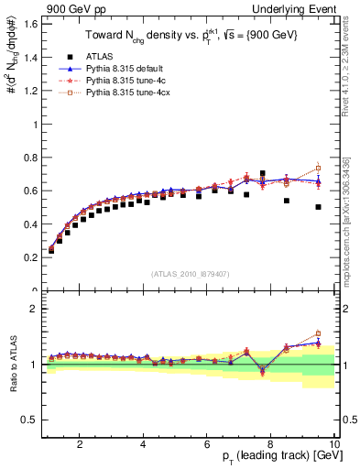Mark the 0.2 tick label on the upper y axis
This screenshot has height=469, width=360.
tap(30, 257)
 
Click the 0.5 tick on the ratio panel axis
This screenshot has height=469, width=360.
tap(30, 420)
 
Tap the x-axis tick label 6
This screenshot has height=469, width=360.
tap(207, 444)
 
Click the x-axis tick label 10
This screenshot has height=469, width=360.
tap(333, 444)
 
